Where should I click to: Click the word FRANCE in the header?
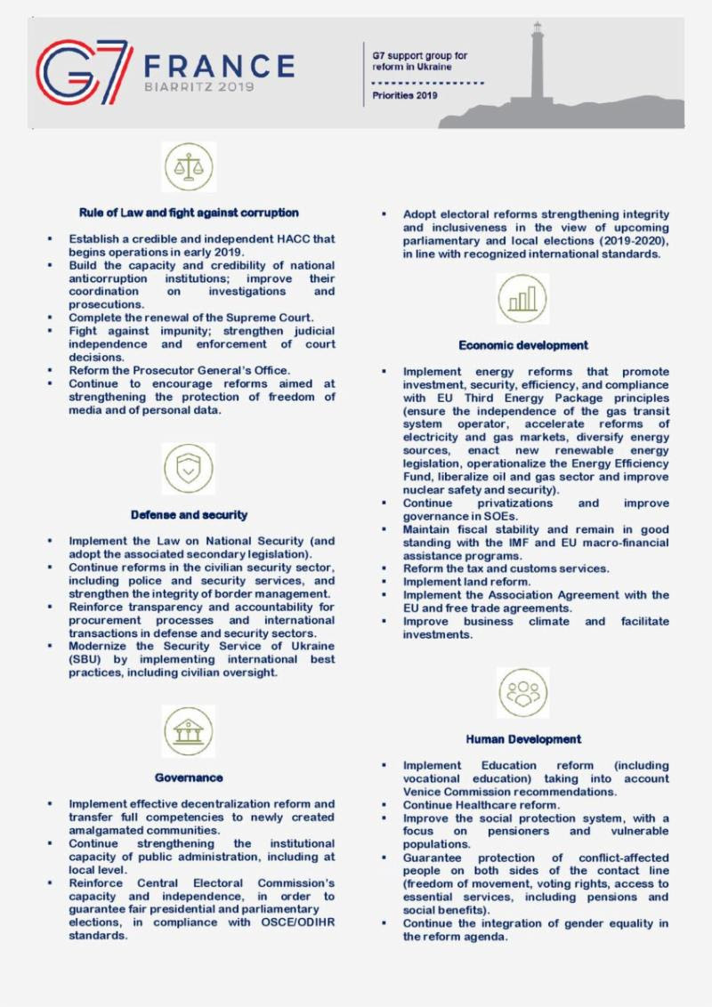tap(219, 66)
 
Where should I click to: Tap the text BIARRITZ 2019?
tap(198, 87)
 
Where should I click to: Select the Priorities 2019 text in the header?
tap(405, 96)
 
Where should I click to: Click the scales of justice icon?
tap(189, 166)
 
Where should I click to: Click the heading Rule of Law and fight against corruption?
tap(189, 213)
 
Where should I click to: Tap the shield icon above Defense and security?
tap(189, 469)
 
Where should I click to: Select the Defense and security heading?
tap(189, 515)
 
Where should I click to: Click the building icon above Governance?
tap(189, 731)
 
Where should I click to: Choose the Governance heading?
tap(189, 777)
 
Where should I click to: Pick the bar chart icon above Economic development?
tap(523, 299)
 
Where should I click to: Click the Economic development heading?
tap(523, 345)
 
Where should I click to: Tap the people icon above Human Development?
tap(523, 692)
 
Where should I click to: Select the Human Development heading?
tap(523, 739)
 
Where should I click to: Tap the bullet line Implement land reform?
tap(466, 582)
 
